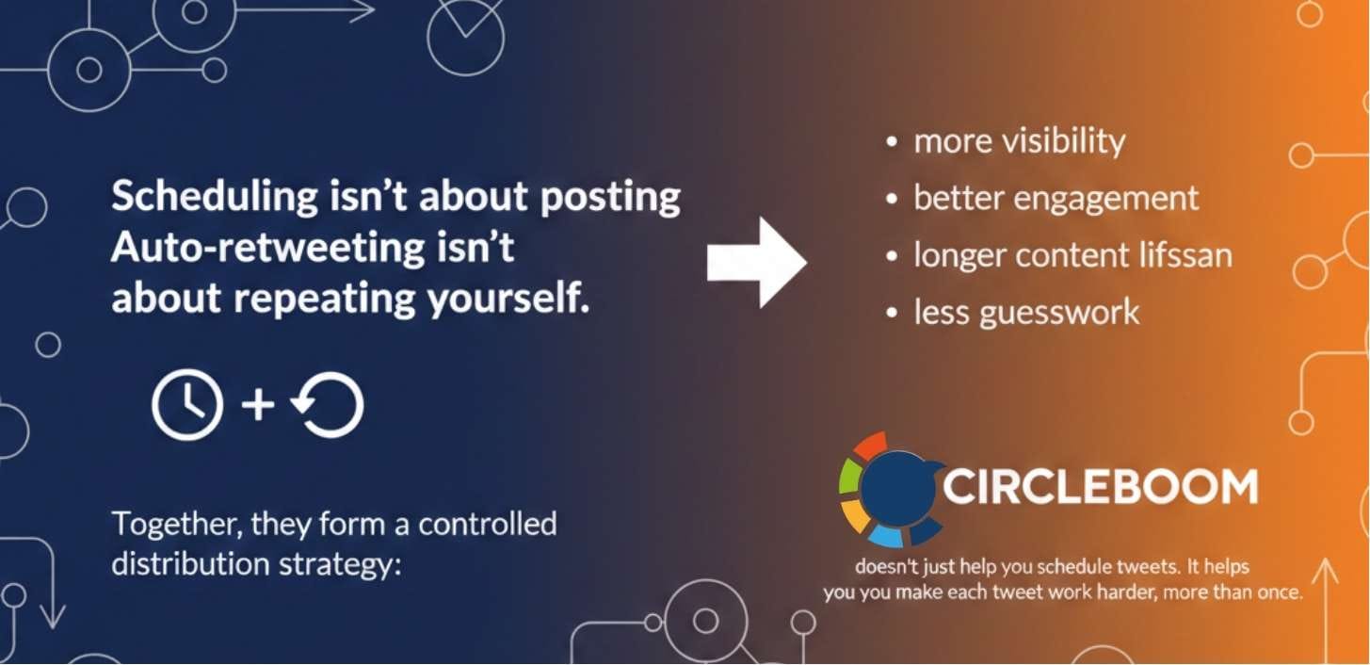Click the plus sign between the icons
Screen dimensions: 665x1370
click(x=258, y=404)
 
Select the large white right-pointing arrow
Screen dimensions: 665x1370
click(x=757, y=263)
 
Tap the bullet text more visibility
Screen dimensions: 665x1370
click(x=1019, y=141)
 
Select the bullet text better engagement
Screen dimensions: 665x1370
click(x=1056, y=199)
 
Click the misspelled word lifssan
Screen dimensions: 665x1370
click(x=1182, y=255)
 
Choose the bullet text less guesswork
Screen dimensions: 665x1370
click(x=1026, y=312)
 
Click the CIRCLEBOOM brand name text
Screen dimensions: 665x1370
click(x=1100, y=487)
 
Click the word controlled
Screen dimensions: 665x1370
click(x=488, y=524)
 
